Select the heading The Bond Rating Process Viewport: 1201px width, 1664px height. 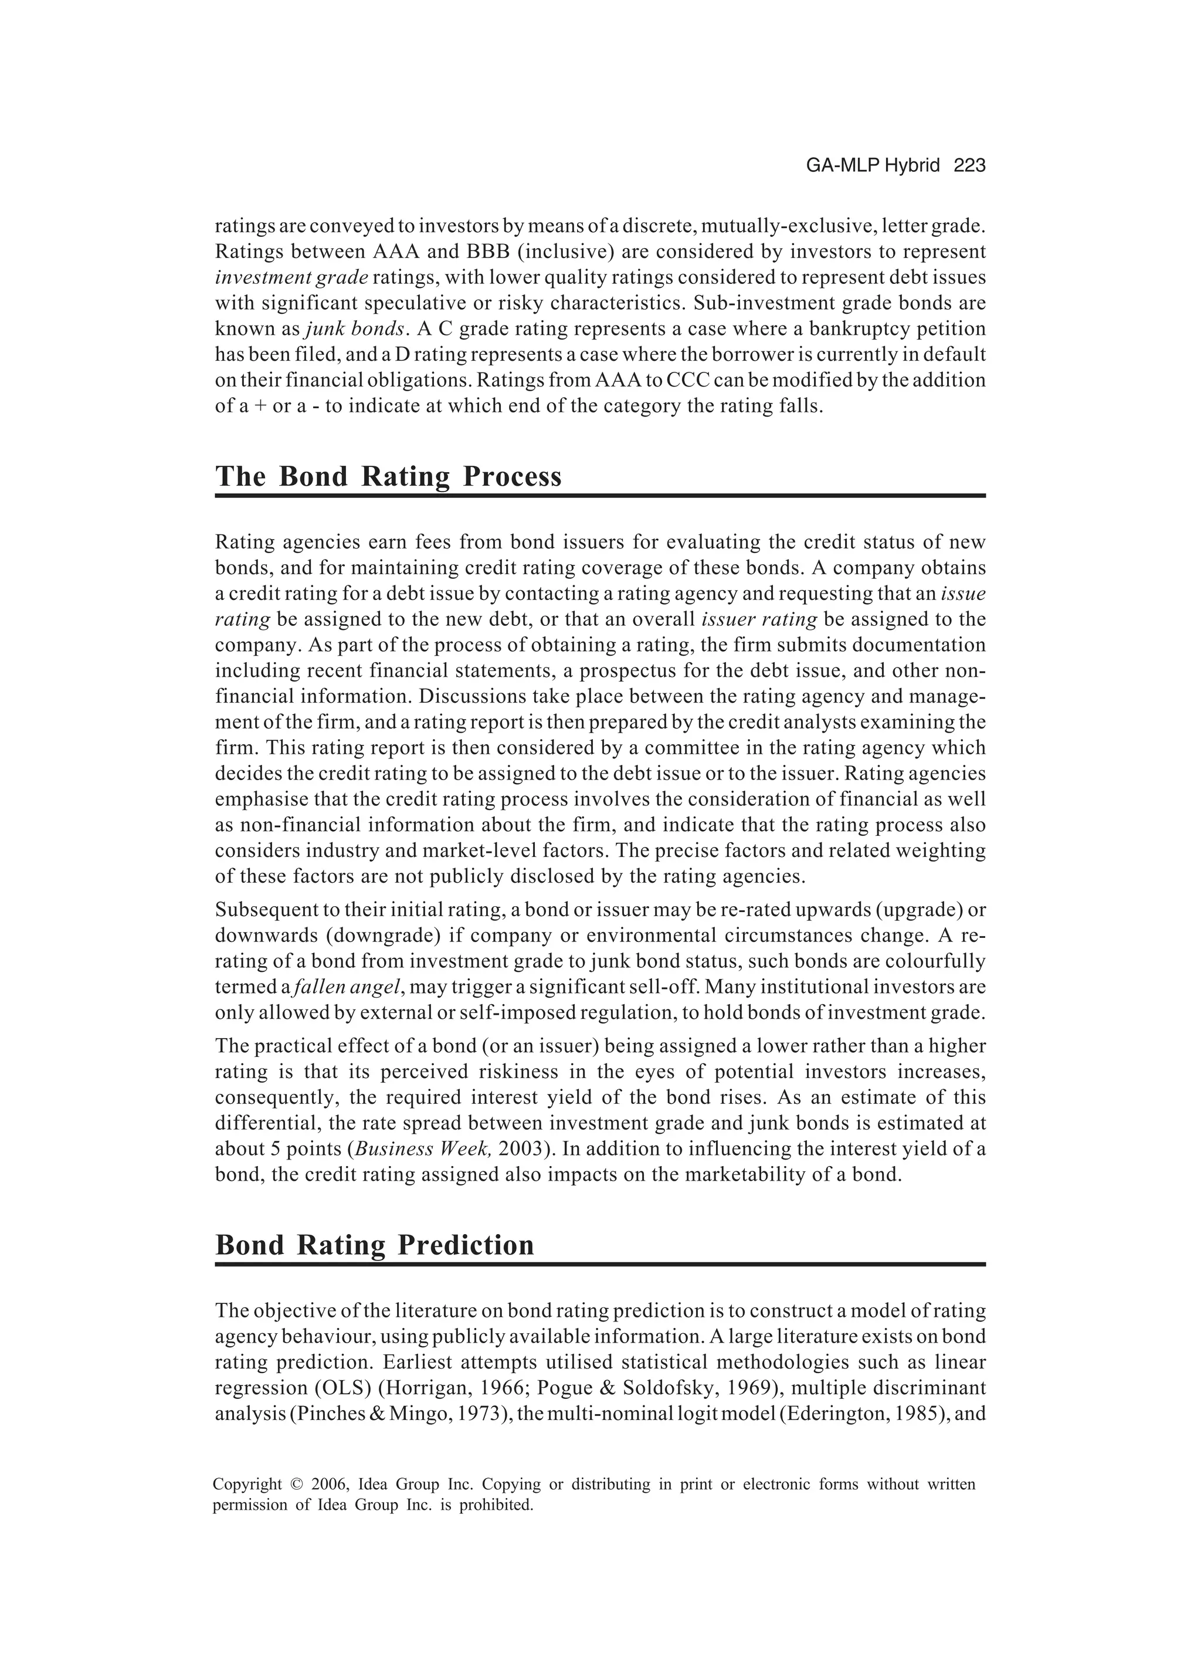tap(388, 477)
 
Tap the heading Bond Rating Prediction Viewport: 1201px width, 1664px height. tap(374, 1245)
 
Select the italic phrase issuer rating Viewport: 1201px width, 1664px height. tap(759, 619)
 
